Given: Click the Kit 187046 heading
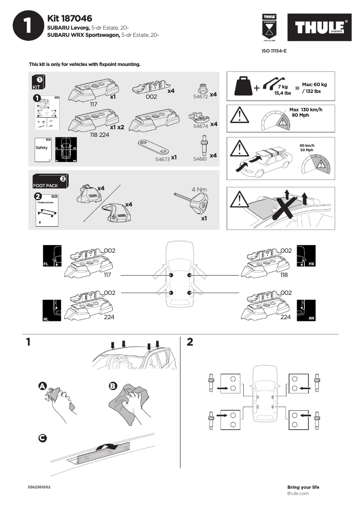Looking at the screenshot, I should point(70,18).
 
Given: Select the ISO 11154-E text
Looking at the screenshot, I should point(274,51).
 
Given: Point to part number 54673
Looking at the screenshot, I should point(162,158).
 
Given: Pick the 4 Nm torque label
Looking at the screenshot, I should point(199,189).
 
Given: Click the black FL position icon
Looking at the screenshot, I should point(52,257).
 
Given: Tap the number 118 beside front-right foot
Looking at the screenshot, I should point(284,275).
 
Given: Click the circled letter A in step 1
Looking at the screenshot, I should point(42,386).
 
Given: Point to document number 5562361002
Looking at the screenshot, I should point(40,487).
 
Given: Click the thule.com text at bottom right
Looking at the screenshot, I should point(298,493).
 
